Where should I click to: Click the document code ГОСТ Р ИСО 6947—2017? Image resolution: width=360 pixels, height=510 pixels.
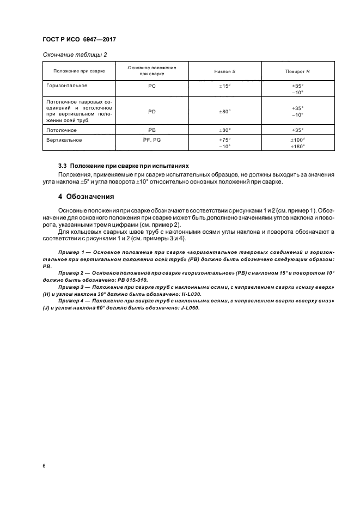[79, 40]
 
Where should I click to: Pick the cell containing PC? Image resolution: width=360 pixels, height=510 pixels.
[152, 86]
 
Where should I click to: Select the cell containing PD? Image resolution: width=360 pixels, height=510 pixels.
[152, 111]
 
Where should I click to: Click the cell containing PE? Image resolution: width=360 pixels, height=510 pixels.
[152, 130]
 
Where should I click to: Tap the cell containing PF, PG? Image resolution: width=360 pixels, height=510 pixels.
[152, 140]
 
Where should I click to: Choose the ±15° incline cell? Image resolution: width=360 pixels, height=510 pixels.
[225, 86]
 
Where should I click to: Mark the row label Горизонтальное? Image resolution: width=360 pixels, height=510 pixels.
[67, 86]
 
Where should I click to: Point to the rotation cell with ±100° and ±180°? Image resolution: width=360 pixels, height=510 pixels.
[298, 143]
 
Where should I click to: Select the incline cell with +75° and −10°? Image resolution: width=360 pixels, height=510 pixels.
[225, 143]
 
